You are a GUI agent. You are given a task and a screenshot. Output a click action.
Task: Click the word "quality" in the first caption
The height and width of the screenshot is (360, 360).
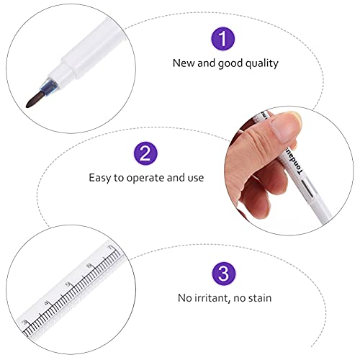(261, 63)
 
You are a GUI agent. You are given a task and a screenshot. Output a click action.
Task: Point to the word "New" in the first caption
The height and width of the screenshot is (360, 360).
(183, 63)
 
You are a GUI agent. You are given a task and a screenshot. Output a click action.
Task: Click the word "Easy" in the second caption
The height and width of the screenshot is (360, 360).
(100, 177)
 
